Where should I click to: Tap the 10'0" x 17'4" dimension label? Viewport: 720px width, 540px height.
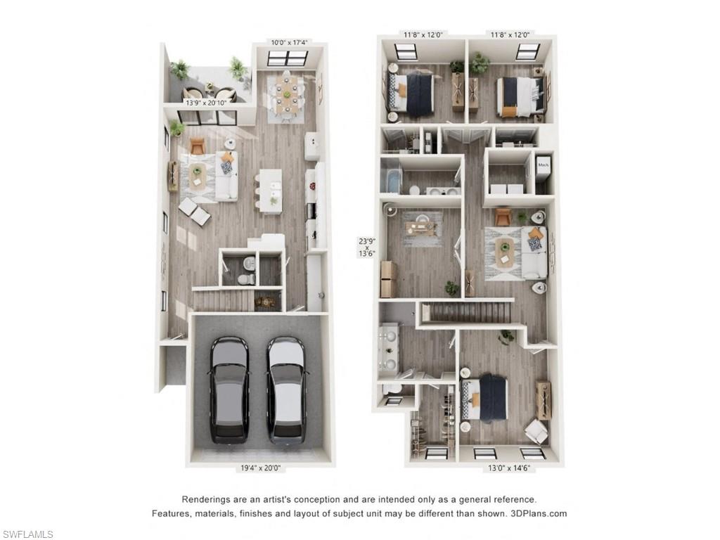(289, 43)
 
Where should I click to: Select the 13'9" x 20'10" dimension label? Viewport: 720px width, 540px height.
(206, 103)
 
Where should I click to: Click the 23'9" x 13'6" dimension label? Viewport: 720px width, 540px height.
(367, 247)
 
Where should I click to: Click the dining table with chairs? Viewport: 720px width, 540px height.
(286, 94)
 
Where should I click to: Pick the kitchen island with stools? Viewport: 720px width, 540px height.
(269, 190)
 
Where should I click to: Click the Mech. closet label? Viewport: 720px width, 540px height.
(543, 166)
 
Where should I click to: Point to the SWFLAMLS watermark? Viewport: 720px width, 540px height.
(27, 534)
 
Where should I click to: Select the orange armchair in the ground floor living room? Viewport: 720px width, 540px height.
(198, 146)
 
